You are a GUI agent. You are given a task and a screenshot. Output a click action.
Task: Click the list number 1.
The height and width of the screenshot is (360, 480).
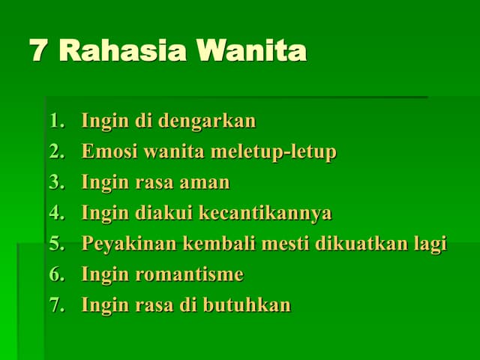pyautogui.click(x=57, y=121)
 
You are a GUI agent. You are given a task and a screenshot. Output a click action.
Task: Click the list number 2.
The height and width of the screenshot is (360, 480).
pyautogui.click(x=57, y=152)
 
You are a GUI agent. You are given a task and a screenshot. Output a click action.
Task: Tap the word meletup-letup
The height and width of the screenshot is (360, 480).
pyautogui.click(x=273, y=152)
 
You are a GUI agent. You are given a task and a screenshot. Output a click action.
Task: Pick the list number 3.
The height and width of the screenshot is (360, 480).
pyautogui.click(x=57, y=182)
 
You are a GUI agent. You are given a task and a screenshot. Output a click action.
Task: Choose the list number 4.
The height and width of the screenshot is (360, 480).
pyautogui.click(x=57, y=213)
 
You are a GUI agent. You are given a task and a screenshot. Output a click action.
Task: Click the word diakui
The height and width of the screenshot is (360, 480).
pyautogui.click(x=163, y=213)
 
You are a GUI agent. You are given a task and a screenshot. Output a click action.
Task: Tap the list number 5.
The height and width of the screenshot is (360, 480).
pyautogui.click(x=57, y=244)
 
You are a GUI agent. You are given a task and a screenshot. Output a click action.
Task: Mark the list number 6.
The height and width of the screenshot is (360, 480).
pyautogui.click(x=57, y=274)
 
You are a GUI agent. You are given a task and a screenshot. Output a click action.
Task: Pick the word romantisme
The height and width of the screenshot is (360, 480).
pyautogui.click(x=189, y=274)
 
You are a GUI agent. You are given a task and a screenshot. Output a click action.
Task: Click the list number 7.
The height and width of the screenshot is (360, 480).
pyautogui.click(x=57, y=305)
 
